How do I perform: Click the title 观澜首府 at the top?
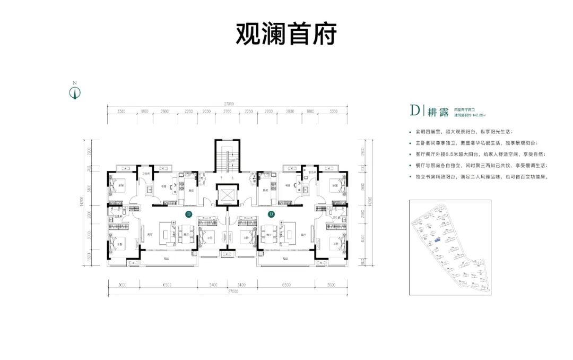(x=286, y=36)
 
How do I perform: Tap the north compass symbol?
(x=75, y=93)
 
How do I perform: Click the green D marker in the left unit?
(x=188, y=215)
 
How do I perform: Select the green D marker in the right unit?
(x=271, y=215)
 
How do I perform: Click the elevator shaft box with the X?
(x=228, y=196)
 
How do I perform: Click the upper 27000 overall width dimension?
(x=229, y=104)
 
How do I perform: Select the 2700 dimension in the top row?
(x=228, y=112)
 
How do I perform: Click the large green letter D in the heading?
(x=414, y=110)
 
